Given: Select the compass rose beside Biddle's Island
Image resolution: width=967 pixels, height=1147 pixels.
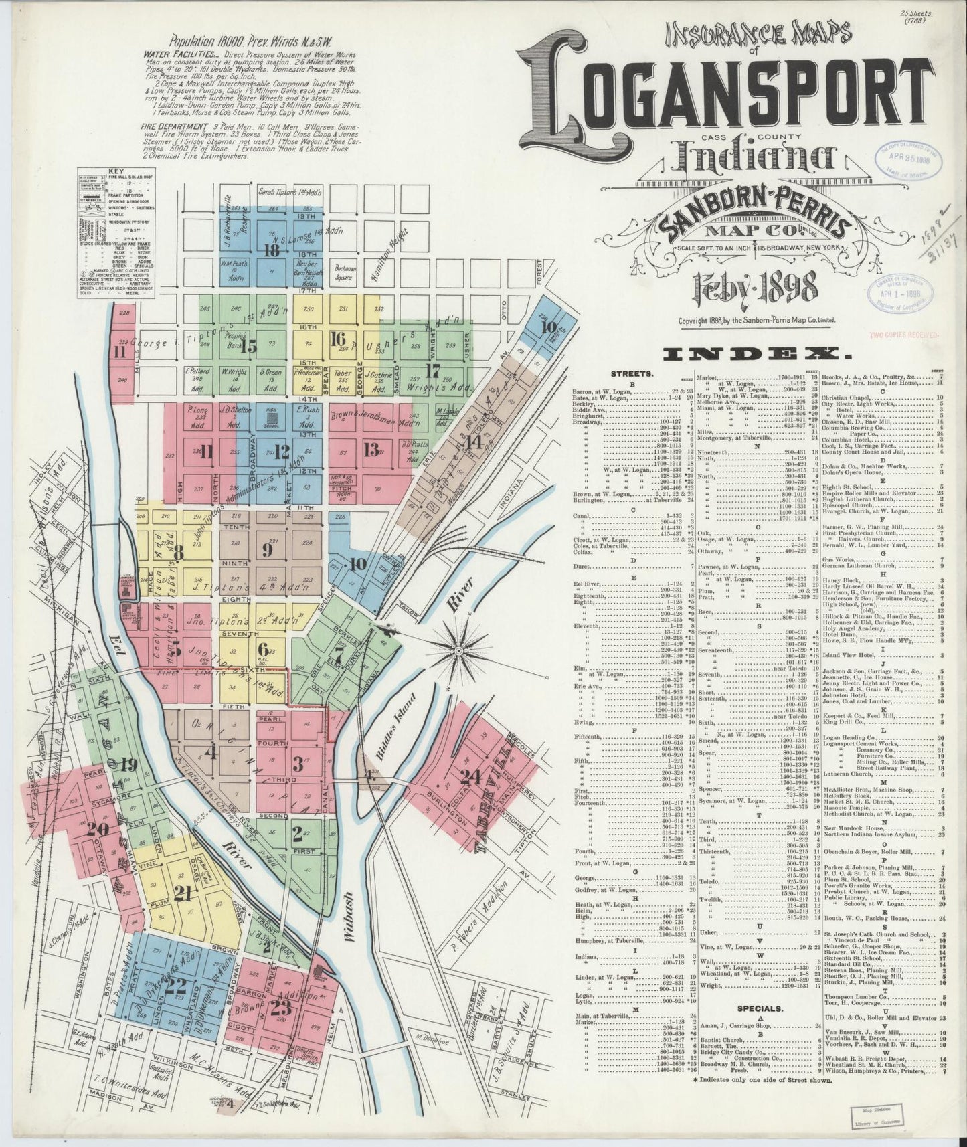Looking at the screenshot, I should [x=458, y=650].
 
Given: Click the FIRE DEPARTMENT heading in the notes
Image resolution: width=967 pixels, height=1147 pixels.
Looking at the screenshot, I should [x=167, y=126].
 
